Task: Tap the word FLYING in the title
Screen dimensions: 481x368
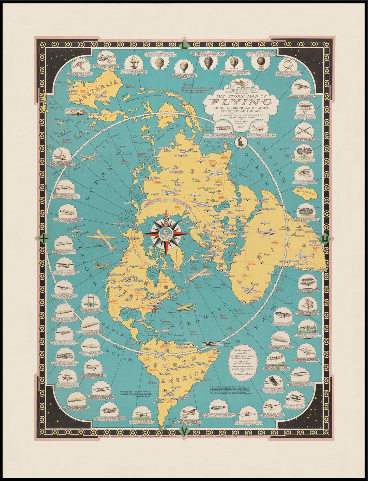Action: tap(241, 102)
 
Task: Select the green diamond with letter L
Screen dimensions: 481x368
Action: tap(184, 45)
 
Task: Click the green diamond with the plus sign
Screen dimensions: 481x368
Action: tap(44, 239)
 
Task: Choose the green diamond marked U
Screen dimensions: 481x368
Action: tap(325, 239)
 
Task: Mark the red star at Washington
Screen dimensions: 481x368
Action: tap(154, 310)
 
